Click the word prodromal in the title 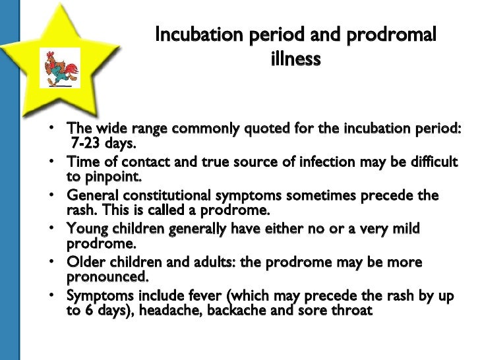coord(394,35)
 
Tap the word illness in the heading coord(295,59)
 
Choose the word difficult coord(431,162)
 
